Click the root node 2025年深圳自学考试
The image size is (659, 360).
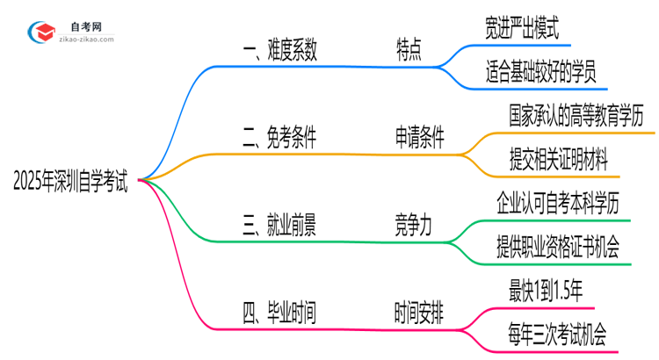pyautogui.click(x=70, y=183)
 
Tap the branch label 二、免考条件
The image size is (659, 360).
pyautogui.click(x=279, y=138)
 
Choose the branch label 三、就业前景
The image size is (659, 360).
pyautogui.click(x=279, y=226)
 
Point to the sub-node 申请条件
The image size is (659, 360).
pyautogui.click(x=419, y=138)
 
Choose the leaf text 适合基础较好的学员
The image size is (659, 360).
pyautogui.click(x=540, y=74)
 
